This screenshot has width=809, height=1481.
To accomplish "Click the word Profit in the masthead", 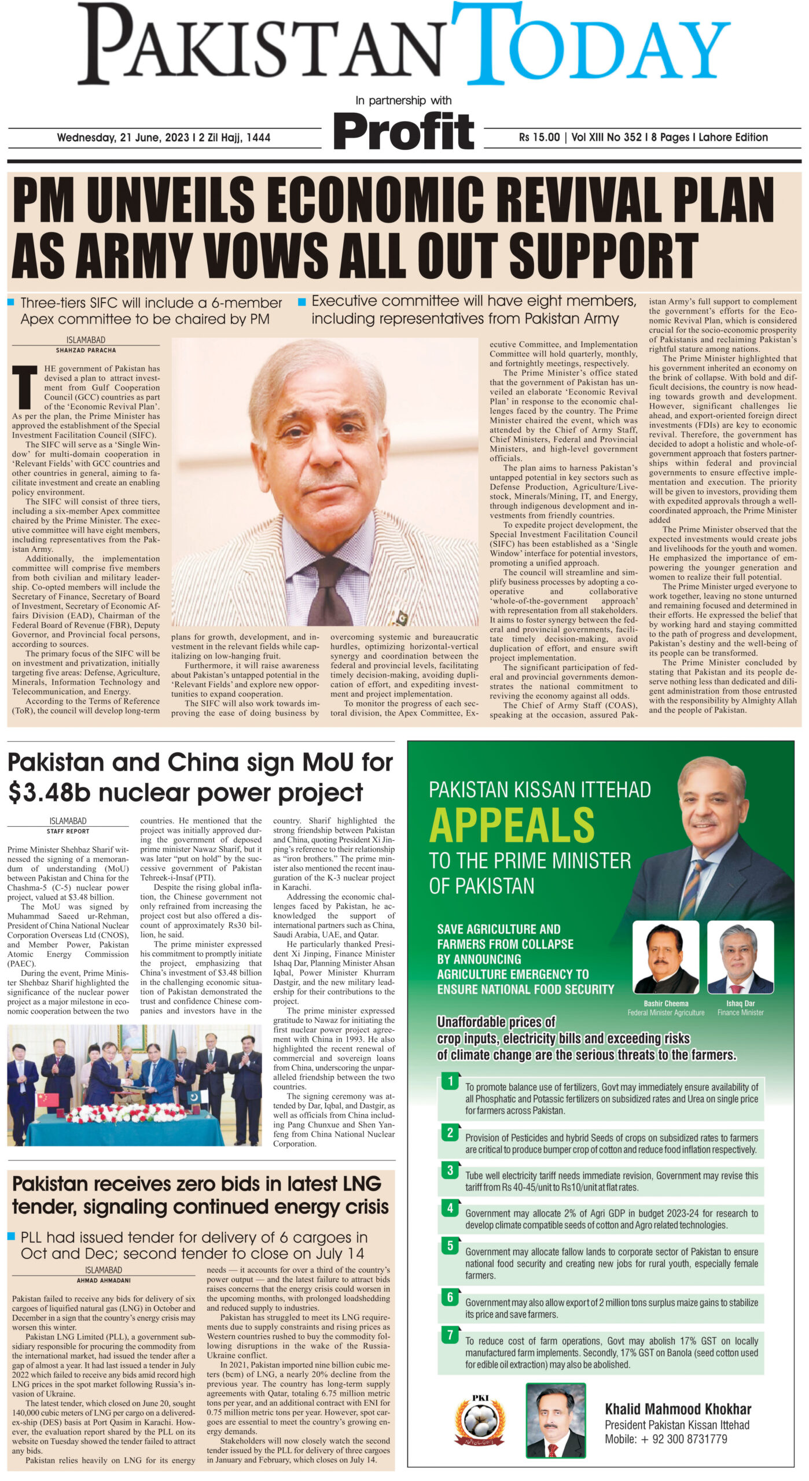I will point(404,130).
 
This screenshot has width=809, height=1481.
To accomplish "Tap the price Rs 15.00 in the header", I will point(539,138).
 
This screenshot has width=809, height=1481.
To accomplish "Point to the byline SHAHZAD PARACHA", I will point(86,351).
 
